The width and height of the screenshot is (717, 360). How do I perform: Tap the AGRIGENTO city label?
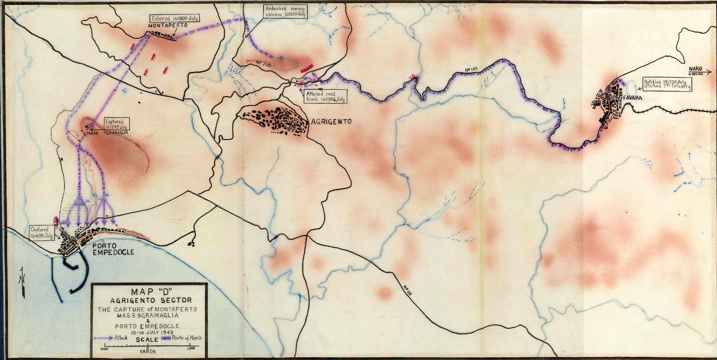coord(331,122)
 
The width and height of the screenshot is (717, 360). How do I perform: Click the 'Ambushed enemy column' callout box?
coord(285,12)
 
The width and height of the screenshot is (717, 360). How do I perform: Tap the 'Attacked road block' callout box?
coord(324,96)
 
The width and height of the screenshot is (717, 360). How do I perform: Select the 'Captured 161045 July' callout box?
coord(117,124)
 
